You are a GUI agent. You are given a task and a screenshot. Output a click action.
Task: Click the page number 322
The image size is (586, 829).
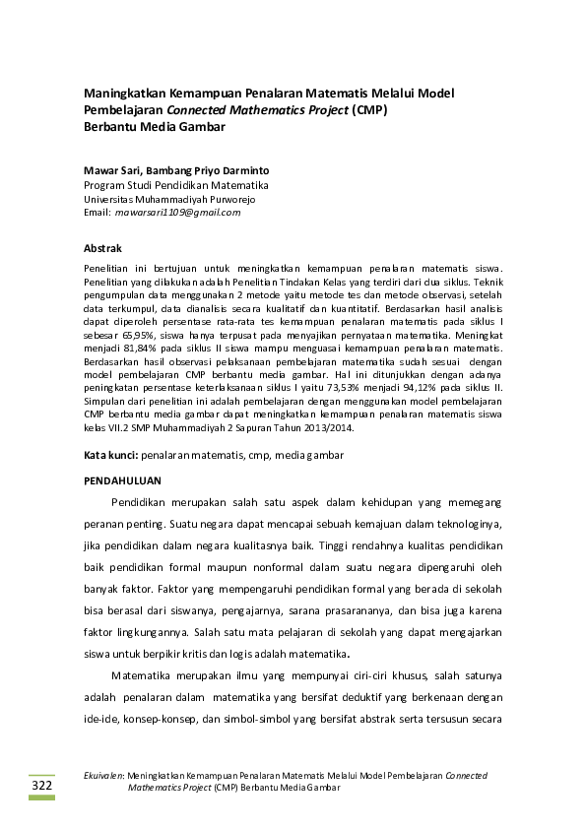pyautogui.click(x=42, y=786)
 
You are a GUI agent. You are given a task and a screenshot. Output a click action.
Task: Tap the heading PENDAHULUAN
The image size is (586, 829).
pyautogui.click(x=121, y=480)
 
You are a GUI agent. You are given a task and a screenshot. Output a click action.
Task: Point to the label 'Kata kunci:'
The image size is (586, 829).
pyautogui.click(x=110, y=456)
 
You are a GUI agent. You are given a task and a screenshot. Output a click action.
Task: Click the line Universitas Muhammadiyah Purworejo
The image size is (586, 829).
pyautogui.click(x=170, y=198)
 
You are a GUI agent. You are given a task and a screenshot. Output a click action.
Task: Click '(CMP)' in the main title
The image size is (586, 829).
pyautogui.click(x=369, y=109)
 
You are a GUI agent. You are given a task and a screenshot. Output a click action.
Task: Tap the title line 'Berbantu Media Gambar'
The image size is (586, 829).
pyautogui.click(x=155, y=126)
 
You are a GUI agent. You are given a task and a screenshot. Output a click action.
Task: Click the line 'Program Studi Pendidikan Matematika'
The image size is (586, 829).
pyautogui.click(x=176, y=184)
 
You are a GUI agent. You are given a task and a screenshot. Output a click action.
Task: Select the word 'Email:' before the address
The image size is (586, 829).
pyautogui.click(x=98, y=212)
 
